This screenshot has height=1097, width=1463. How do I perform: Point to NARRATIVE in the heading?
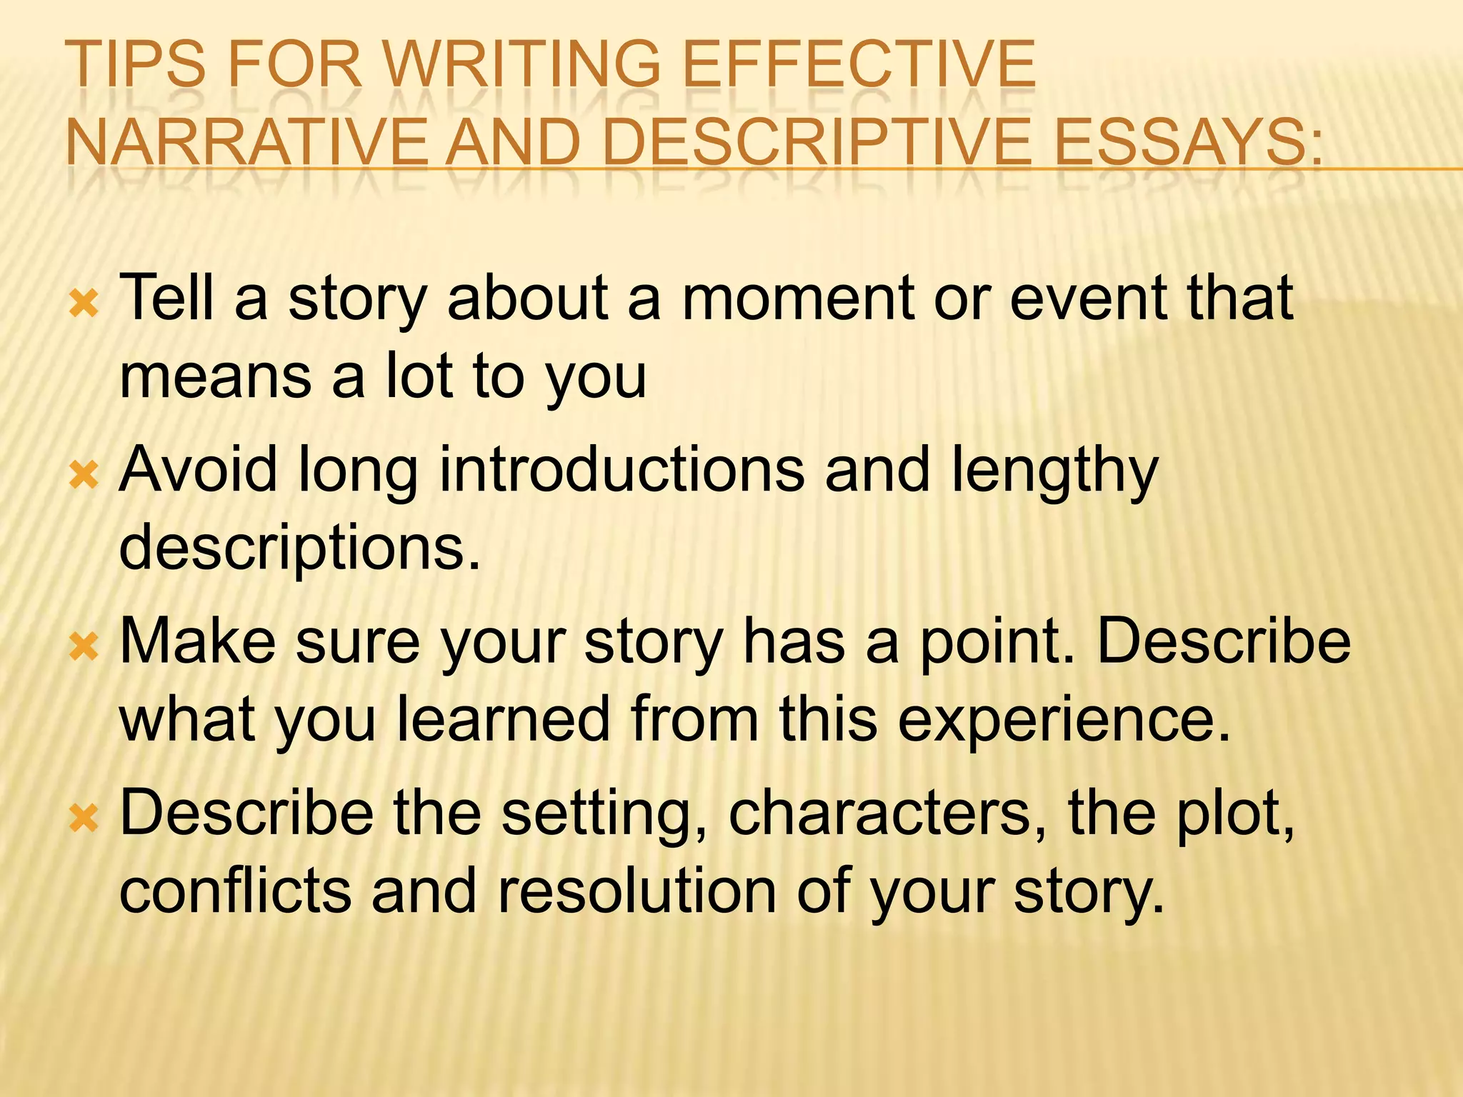coord(247,143)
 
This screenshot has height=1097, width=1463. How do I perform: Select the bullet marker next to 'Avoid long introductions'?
coord(84,476)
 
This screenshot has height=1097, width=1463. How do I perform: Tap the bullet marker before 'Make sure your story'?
coord(84,647)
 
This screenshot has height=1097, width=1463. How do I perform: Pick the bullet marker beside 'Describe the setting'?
coord(84,818)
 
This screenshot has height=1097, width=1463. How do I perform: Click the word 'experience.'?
coord(1064,721)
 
